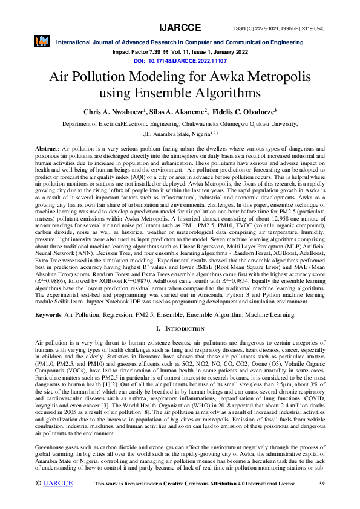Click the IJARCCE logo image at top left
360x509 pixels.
tap(42, 41)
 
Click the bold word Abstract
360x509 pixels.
tap(47, 148)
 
